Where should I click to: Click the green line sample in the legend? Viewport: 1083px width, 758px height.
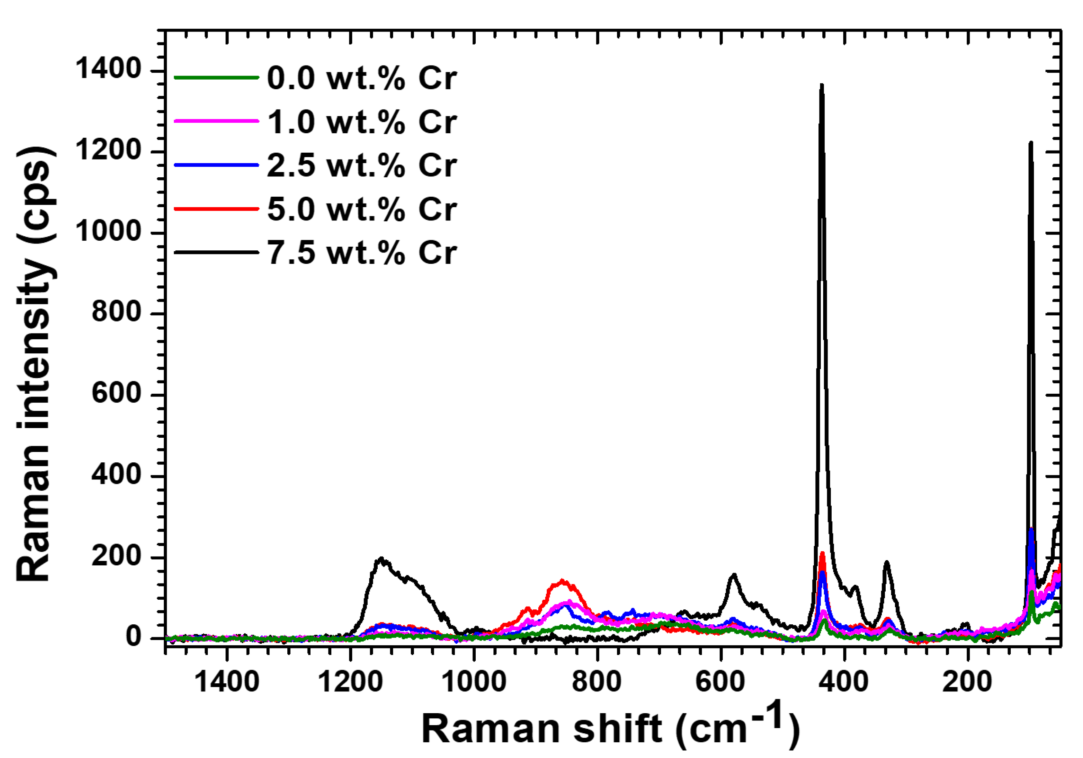[x=217, y=78]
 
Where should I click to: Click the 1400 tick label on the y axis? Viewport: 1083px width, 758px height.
[x=102, y=69]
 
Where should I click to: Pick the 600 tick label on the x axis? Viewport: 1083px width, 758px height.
[x=721, y=682]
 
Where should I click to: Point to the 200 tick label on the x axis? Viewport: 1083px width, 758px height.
[x=968, y=682]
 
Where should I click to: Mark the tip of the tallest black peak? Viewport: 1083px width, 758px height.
[x=821, y=85]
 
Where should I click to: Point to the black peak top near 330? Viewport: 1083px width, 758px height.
[x=886, y=562]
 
